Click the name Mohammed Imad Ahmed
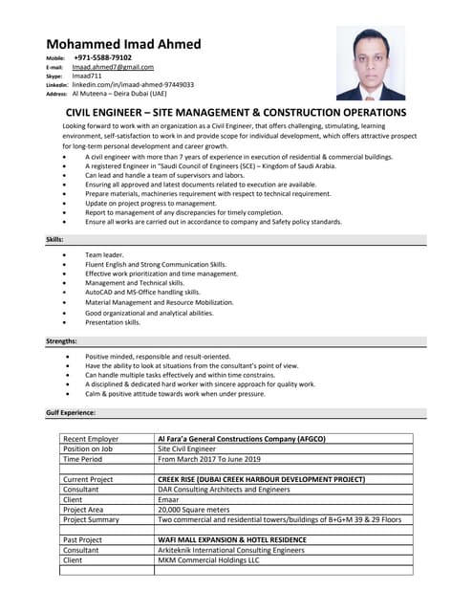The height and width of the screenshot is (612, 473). pyautogui.click(x=123, y=44)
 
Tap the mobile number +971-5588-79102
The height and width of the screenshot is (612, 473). pyautogui.click(x=102, y=57)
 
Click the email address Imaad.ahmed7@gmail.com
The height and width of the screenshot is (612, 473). pyautogui.click(x=113, y=67)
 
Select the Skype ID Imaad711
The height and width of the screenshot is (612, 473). pyautogui.click(x=86, y=76)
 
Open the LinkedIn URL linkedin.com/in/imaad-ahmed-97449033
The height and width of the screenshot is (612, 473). pyautogui.click(x=133, y=84)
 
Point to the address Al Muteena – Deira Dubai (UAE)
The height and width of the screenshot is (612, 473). pyautogui.click(x=119, y=94)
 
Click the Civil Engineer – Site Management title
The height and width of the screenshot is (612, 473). pyautogui.click(x=236, y=112)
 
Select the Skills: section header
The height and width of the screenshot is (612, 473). pyautogui.click(x=54, y=238)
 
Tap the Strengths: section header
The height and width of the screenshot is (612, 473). pyautogui.click(x=61, y=340)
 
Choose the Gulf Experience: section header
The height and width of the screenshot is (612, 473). pyautogui.click(x=70, y=412)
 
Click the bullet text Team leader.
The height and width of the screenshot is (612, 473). pyautogui.click(x=104, y=255)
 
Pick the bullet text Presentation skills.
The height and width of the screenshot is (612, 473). pyautogui.click(x=113, y=322)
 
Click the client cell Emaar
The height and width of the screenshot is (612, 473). pyautogui.click(x=168, y=499)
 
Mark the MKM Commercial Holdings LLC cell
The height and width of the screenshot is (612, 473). pyautogui.click(x=208, y=560)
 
